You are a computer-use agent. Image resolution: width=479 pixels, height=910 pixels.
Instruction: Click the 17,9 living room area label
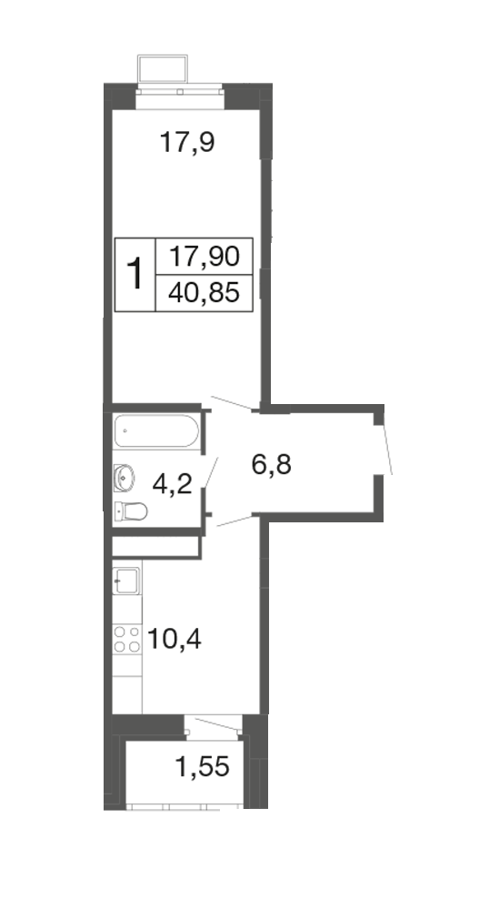[187, 142]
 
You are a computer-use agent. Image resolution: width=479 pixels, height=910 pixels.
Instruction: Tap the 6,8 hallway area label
[272, 464]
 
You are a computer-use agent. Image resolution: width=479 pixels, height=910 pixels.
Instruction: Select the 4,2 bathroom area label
[172, 483]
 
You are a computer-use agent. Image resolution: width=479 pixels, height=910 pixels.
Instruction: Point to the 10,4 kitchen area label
[175, 640]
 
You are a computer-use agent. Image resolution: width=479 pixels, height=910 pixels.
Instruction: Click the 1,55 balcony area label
[203, 767]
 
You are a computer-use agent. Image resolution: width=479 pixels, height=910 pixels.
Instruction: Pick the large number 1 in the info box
[135, 274]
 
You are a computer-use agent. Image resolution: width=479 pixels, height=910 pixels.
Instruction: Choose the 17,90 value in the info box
[204, 256]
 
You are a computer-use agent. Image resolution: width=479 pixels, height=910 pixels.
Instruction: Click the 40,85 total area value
[204, 293]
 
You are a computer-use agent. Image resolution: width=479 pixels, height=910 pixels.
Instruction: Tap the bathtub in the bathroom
[156, 430]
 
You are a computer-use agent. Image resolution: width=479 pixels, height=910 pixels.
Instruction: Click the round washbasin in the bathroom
[124, 477]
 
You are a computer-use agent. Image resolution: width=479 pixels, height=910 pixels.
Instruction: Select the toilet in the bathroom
[131, 511]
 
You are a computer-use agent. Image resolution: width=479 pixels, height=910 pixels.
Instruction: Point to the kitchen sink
[125, 581]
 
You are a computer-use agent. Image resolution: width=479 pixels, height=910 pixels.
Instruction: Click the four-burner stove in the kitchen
[127, 639]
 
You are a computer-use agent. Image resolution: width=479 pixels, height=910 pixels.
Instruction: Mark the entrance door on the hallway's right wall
[387, 450]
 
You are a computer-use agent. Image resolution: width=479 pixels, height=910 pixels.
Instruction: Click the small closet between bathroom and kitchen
[155, 547]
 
